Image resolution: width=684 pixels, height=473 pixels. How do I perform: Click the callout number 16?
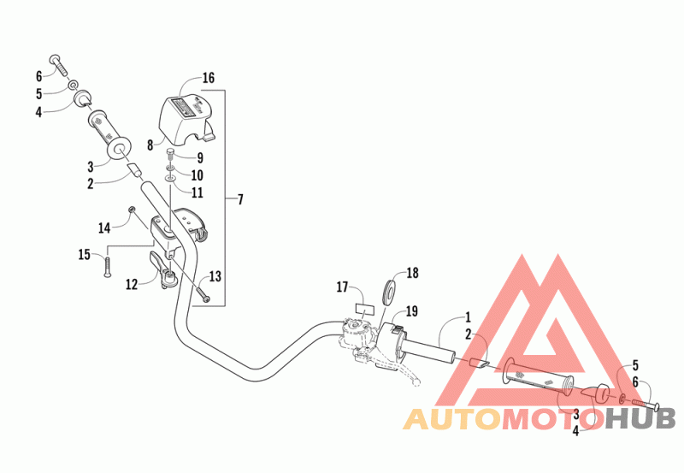coord(208,78)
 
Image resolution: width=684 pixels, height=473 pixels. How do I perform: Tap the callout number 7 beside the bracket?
coord(240,199)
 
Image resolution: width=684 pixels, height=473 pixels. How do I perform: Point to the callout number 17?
coord(342,287)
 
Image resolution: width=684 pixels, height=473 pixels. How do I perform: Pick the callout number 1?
coord(467,316)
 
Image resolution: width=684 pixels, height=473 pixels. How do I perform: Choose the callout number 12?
coord(131,283)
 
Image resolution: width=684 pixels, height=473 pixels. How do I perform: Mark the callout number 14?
coord(104,228)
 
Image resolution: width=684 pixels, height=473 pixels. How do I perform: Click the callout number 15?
coord(85,254)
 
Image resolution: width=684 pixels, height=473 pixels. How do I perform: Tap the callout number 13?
coord(214,275)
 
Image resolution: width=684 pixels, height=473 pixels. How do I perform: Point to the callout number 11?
coord(197,192)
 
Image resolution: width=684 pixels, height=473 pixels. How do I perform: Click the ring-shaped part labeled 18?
coord(389,289)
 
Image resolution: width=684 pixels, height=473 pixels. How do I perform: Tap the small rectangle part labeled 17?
coord(365,306)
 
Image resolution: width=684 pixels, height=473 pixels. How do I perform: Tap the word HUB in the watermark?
coord(640,418)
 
